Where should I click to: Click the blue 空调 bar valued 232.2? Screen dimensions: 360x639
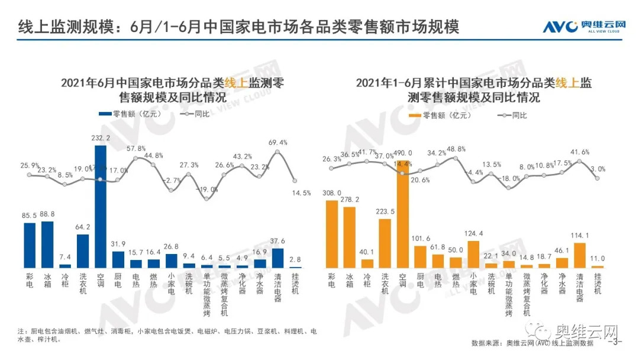click(101, 207)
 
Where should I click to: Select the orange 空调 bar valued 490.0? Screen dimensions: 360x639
click(402, 213)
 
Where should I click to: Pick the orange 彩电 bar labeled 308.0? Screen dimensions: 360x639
click(332, 234)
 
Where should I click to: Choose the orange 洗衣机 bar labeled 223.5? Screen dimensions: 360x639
click(385, 243)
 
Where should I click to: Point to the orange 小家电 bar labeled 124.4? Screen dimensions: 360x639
click(473, 254)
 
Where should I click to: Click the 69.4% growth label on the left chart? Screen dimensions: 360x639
click(277, 143)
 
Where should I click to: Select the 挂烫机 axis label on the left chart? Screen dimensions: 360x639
click(295, 284)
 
